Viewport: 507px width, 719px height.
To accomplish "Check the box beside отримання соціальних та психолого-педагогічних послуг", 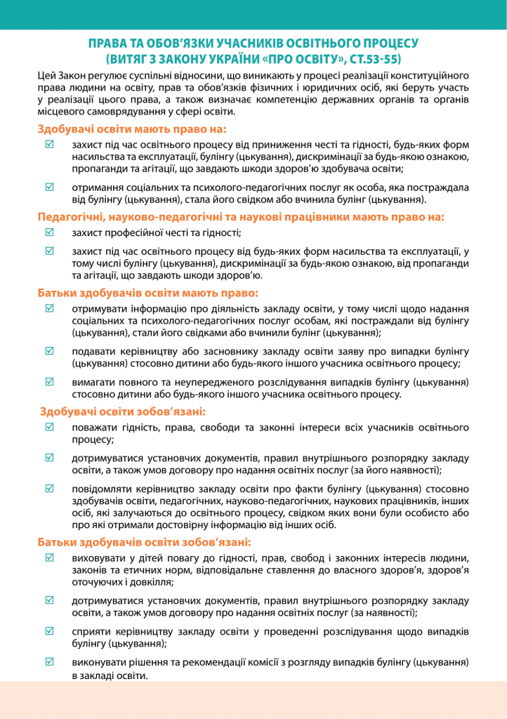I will click(49, 187).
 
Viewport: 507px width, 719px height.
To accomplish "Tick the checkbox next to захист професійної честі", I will click(49, 233).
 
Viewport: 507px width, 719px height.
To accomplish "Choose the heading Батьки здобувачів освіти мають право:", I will click(148, 292).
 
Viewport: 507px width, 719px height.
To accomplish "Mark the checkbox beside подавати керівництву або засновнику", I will click(49, 350).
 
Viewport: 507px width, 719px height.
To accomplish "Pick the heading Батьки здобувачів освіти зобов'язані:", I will click(144, 541).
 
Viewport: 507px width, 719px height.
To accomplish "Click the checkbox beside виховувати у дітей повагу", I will click(49, 558).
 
